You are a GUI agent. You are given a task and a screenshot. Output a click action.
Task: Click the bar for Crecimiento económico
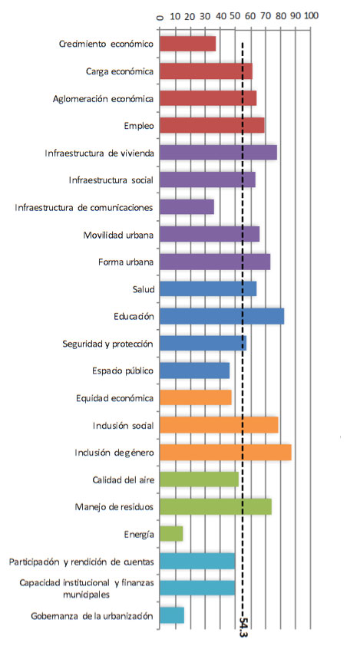pos(187,44)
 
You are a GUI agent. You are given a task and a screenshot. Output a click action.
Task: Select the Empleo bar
pos(212,125)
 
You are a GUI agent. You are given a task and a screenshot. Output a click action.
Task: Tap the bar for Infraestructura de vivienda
pos(218,153)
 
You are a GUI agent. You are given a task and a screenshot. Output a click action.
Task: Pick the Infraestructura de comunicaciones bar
pos(187,207)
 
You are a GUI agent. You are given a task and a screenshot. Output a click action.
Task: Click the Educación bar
pos(222,316)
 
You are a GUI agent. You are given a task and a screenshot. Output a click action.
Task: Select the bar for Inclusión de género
pos(226,452)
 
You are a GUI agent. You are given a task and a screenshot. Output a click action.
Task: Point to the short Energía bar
pos(171,534)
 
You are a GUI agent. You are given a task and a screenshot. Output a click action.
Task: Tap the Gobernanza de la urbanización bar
pos(172,616)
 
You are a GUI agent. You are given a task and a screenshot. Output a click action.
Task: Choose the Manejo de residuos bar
pos(216,507)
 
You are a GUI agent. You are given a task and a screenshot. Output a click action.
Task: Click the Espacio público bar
pos(195,371)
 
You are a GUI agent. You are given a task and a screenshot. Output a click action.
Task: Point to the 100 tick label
pos(311,15)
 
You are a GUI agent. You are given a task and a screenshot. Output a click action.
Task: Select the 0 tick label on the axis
pos(160,17)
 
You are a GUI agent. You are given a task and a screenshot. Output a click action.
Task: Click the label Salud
pos(144,289)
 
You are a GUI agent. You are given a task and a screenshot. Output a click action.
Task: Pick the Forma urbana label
pos(126,262)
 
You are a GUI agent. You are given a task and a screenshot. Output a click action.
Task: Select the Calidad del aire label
pos(124,479)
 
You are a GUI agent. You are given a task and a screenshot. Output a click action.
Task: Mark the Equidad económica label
pos(115,398)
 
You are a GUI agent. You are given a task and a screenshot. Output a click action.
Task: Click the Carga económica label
pos(120,71)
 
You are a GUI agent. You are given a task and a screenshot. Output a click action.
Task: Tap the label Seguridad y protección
pos(108,344)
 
